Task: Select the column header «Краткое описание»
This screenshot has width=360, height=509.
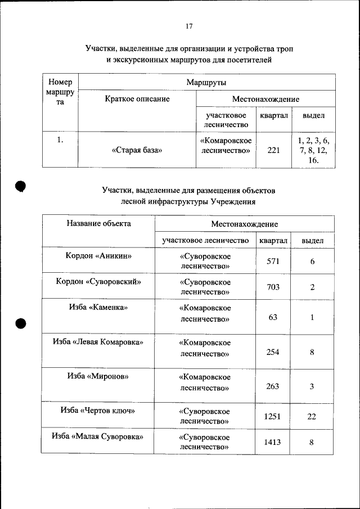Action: coord(137,99)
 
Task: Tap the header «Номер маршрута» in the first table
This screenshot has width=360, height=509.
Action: coord(60,93)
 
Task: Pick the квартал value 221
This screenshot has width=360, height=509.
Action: coord(273,150)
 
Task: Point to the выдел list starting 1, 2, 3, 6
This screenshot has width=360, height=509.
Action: coord(313,150)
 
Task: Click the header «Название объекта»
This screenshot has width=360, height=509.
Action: coord(98,223)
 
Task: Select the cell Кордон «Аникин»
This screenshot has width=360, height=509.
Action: coord(98,256)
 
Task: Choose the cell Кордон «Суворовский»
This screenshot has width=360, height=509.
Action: coord(98,282)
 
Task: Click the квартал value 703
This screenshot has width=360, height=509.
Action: coord(273,287)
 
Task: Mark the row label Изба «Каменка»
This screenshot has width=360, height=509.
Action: coord(98,308)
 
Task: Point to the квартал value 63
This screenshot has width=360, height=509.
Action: coord(273,317)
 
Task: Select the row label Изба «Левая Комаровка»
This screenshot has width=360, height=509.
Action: coord(98,342)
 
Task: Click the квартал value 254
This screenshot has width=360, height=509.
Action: coord(273,352)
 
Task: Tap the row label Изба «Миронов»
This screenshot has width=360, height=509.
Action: coord(98,376)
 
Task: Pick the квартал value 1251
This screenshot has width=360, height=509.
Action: coord(273,416)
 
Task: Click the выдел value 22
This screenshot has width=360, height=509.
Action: coord(312,416)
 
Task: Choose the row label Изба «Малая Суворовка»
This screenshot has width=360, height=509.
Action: coord(98,436)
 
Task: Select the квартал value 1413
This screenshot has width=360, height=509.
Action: coord(273,442)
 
